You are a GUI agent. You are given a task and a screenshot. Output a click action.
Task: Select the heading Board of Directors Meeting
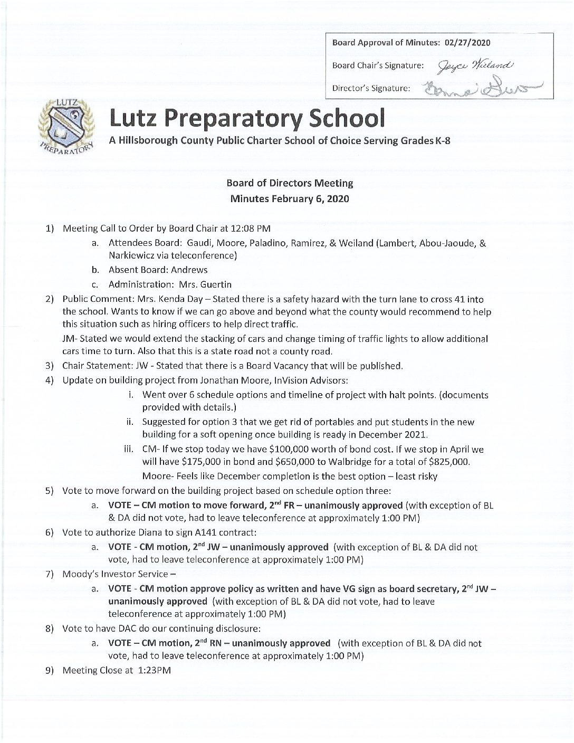(x=290, y=184)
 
